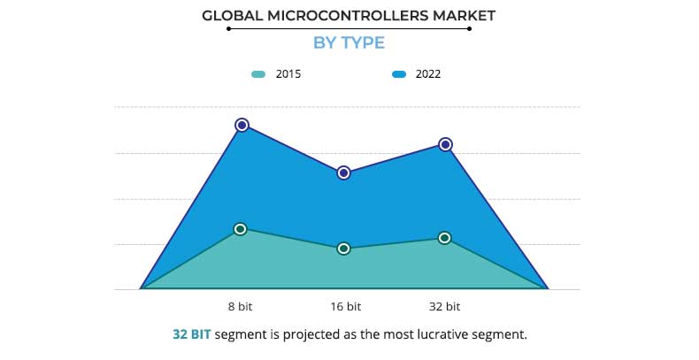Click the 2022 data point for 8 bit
(242, 126)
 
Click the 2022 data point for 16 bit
(343, 172)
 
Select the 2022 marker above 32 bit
(446, 144)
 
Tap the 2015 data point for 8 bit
(241, 229)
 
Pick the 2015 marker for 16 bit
(343, 249)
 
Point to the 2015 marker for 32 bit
(445, 238)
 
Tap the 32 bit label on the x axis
(445, 307)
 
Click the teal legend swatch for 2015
(258, 74)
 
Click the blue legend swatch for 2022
(399, 74)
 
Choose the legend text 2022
(427, 74)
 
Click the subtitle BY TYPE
(349, 42)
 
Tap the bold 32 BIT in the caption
(192, 335)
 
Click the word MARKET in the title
(464, 15)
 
